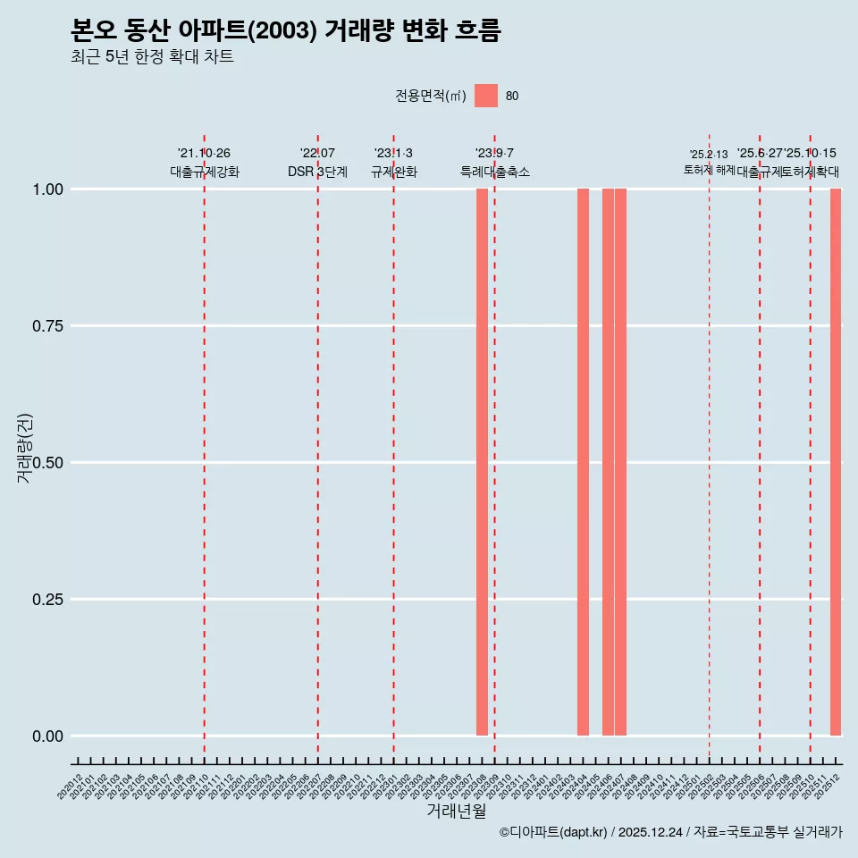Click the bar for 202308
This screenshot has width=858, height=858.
click(482, 462)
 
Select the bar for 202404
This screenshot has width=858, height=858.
click(583, 462)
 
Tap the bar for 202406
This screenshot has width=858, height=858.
click(608, 462)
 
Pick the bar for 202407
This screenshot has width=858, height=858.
click(620, 462)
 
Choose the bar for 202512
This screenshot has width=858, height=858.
click(836, 462)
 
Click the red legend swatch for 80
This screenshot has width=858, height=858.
click(486, 96)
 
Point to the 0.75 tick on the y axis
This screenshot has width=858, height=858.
click(46, 326)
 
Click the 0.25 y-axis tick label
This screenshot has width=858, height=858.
click(46, 600)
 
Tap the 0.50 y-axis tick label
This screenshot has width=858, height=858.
click(46, 463)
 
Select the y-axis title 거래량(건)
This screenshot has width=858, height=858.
click(24, 449)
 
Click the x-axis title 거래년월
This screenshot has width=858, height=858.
click(456, 812)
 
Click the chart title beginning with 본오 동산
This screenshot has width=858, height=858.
click(286, 30)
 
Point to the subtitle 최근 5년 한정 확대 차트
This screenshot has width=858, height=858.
click(152, 57)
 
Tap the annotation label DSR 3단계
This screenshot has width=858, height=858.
click(317, 172)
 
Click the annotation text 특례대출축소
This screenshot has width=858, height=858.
click(495, 172)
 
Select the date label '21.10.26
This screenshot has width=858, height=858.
click(204, 154)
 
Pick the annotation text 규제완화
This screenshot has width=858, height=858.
click(394, 172)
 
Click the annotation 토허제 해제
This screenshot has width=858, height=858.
click(709, 170)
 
